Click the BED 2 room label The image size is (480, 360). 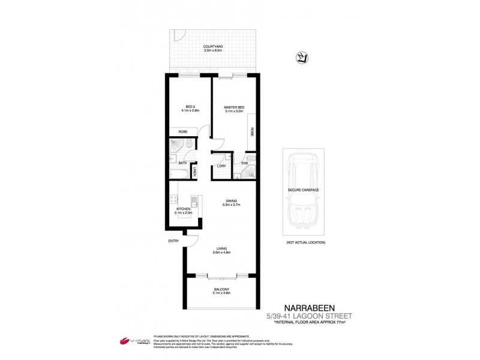coord(190,107)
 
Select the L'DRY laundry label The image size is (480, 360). coord(221,166)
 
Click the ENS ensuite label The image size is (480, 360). coord(245,163)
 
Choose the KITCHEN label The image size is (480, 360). coord(183,209)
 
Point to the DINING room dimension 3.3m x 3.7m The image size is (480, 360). coord(231,205)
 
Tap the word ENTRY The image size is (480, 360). coord(173,241)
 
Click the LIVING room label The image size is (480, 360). coord(223,248)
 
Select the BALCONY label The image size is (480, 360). coord(222,290)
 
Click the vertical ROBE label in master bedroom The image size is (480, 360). coord(252,133)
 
